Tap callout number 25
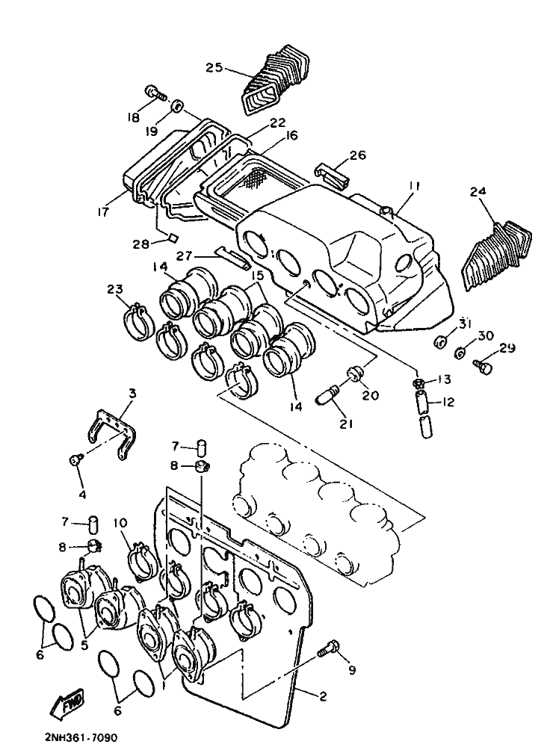pyautogui.click(x=214, y=67)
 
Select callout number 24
pyautogui.click(x=478, y=191)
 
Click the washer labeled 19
pyautogui.click(x=178, y=105)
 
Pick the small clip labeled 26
pyautogui.click(x=332, y=175)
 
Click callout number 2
pyautogui.click(x=323, y=696)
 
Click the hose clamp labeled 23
pyautogui.click(x=137, y=322)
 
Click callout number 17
pyautogui.click(x=103, y=211)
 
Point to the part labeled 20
pyautogui.click(x=354, y=374)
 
